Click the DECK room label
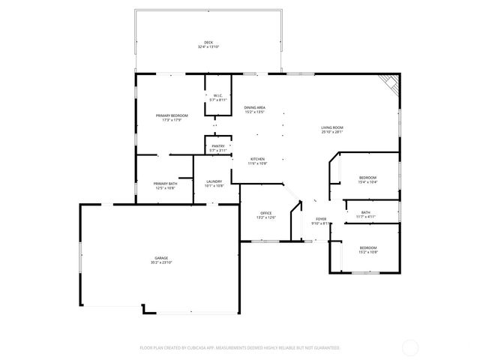tap(208, 42)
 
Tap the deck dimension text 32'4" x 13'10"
tap(208, 47)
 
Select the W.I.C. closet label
tap(217, 95)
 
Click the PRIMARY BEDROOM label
tap(172, 115)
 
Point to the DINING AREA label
tap(255, 108)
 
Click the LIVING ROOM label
tap(332, 128)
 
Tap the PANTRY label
tap(217, 146)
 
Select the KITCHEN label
tap(258, 159)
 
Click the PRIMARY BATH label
tap(165, 184)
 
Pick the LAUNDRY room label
tap(214, 181)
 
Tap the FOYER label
tap(319, 219)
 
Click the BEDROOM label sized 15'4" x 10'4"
tap(367, 177)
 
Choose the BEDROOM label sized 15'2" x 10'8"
tap(367, 247)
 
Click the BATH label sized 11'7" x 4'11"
tap(366, 212)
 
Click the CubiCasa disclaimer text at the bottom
tap(240, 348)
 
